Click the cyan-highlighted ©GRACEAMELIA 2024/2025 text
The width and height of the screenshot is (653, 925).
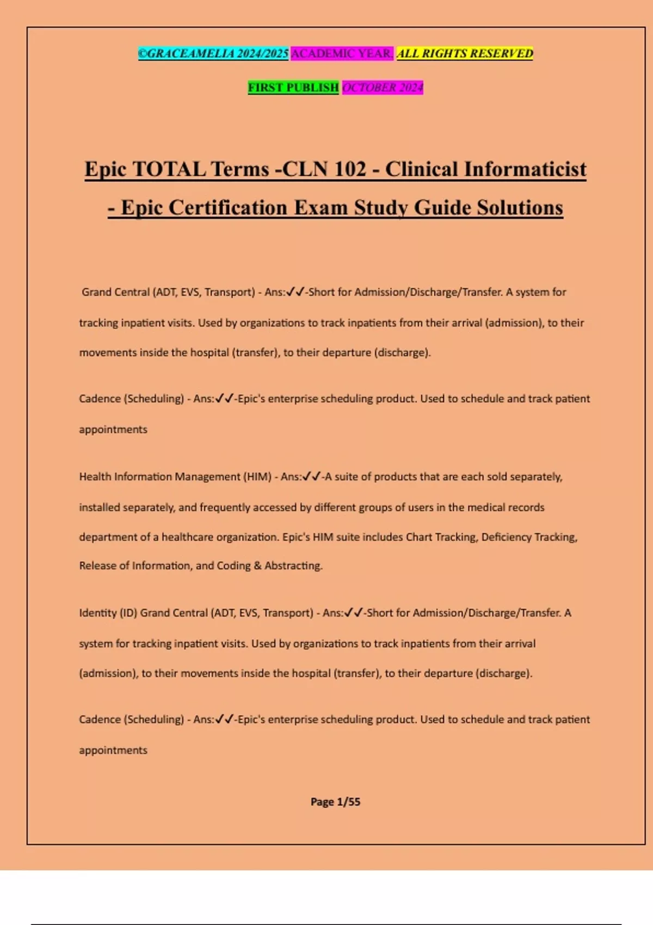213,53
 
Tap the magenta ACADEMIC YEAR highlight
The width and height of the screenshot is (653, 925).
341,53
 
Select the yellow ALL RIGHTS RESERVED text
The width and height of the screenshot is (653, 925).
464,53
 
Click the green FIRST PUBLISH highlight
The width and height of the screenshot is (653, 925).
293,87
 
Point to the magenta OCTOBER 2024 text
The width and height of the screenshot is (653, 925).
382,87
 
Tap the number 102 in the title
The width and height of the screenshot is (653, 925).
349,169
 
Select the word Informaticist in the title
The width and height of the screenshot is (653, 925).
525,169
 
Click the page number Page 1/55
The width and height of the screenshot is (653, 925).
335,801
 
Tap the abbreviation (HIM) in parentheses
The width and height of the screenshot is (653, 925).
257,477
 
